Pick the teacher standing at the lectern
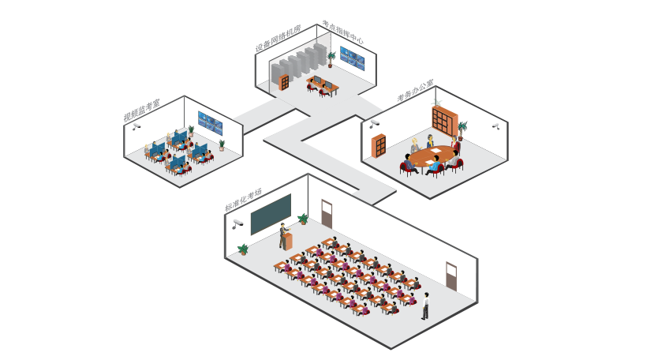pos(282,234)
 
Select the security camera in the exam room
pos(237,223)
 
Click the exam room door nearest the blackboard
pos(327,213)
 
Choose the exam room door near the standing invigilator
pos(451,276)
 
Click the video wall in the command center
pos(352,58)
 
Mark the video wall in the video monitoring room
pos(210,122)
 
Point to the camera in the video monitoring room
pos(136,126)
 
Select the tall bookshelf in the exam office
pos(444,120)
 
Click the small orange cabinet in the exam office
pos(379,145)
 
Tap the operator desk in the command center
pos(323,83)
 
